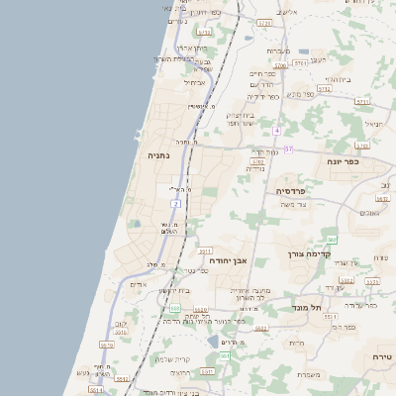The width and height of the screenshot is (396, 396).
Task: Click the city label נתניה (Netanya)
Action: [x=159, y=155]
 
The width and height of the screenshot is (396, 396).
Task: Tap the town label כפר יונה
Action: [x=345, y=160]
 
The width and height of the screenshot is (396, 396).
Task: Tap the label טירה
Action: [x=382, y=356]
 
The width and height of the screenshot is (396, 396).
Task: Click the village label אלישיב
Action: [x=287, y=12]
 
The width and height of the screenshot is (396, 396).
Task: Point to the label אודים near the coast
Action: [x=139, y=285]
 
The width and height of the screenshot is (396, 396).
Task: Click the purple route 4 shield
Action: [x=278, y=131]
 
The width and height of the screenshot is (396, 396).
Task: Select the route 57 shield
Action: [x=288, y=148]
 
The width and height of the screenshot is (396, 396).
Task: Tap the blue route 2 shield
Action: [x=175, y=203]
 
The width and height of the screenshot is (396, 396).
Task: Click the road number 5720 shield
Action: [x=264, y=22]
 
